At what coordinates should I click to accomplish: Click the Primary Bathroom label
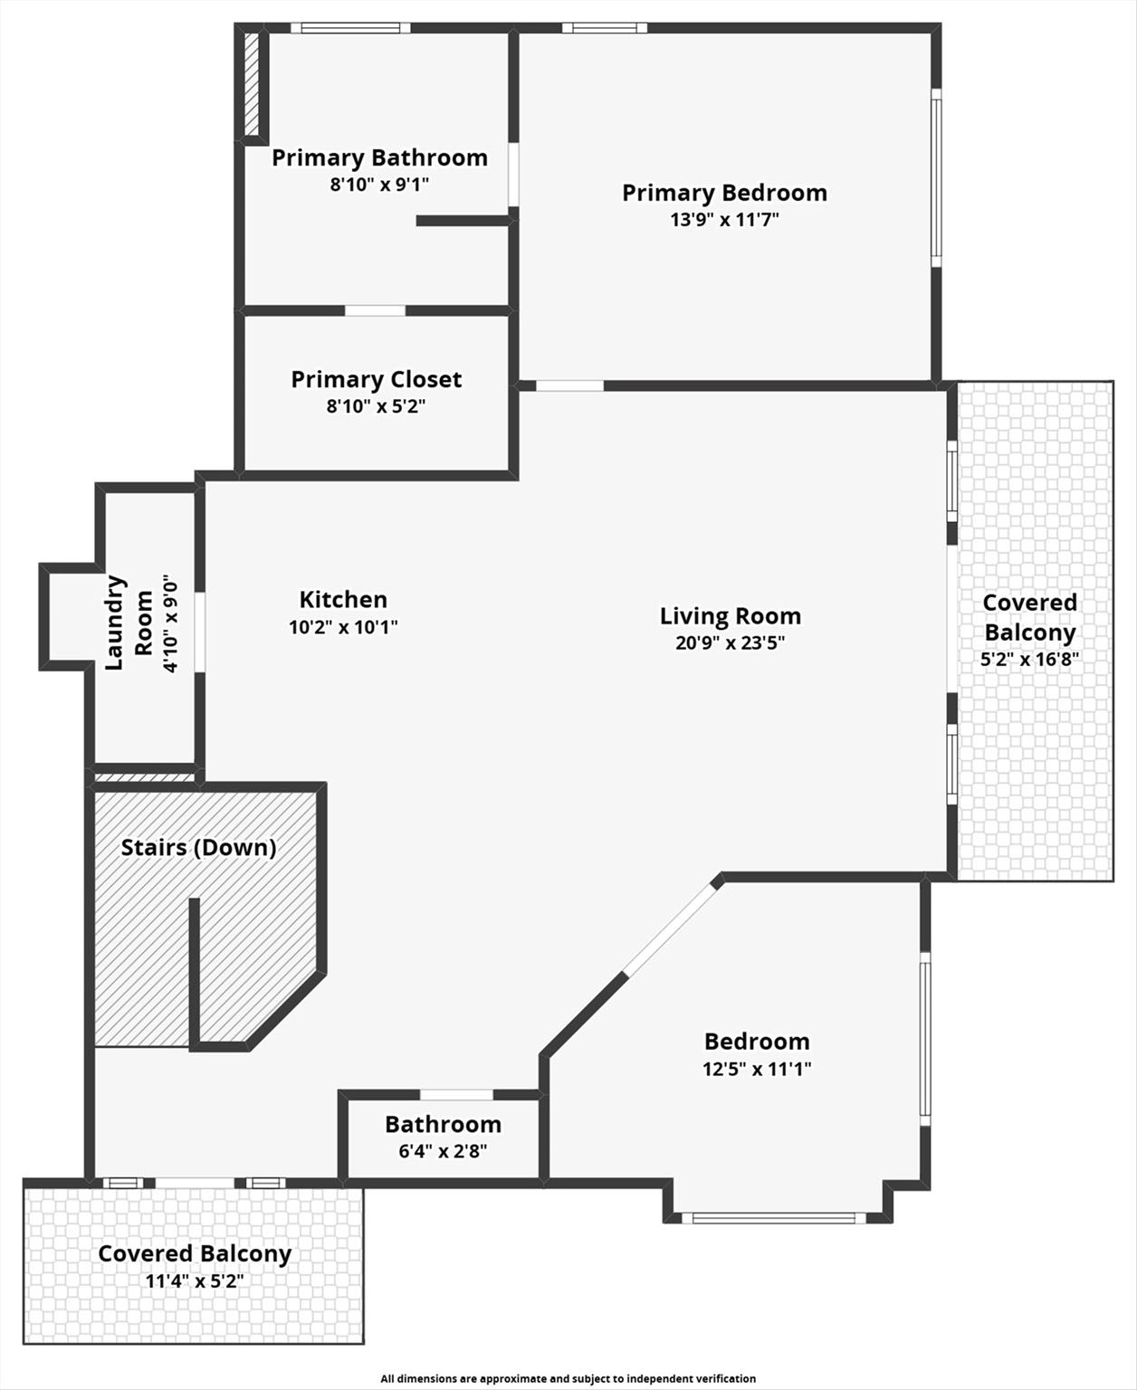coord(379,158)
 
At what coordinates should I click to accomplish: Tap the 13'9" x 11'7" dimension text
coord(724,219)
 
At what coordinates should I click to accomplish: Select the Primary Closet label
coord(376,380)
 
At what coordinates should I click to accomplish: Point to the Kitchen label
coord(343,600)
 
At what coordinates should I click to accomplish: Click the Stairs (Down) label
coord(198,848)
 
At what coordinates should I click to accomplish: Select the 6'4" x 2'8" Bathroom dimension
coord(443,1151)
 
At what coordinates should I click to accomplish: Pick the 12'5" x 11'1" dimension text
coord(757,1069)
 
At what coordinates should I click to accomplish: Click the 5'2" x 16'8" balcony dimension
coord(1030,660)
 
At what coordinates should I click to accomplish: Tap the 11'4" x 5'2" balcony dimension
coord(195,1281)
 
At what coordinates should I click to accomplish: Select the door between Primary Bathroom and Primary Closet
coord(375,310)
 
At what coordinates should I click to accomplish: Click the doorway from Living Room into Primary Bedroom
coord(569,386)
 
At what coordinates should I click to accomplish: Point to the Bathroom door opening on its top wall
coord(456,1095)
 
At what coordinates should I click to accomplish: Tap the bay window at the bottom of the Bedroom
coord(774,1217)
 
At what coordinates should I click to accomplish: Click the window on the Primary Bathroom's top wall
coord(350,28)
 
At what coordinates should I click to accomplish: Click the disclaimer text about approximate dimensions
coord(568,1378)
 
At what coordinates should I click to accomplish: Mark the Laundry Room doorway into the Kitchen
coord(199,633)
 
